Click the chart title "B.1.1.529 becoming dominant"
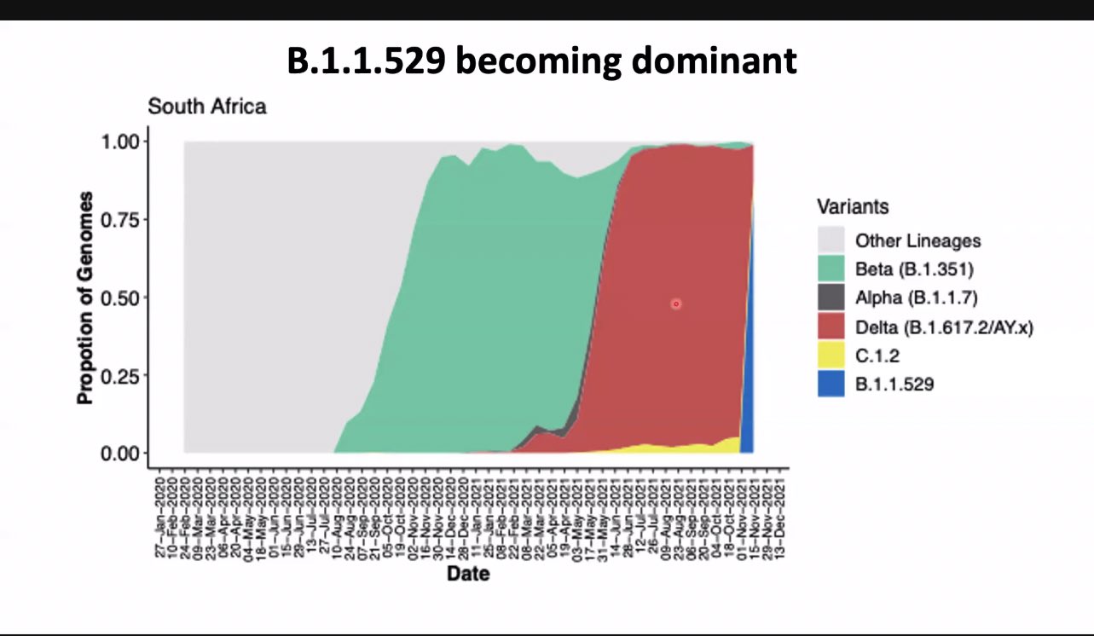click(541, 62)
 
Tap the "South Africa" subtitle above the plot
click(206, 107)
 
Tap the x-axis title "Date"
click(468, 574)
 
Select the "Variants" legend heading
click(853, 206)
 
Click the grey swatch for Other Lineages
click(831, 240)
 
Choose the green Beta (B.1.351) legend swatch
click(831, 269)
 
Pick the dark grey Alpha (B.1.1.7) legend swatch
click(831, 298)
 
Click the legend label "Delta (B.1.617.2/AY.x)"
click(944, 327)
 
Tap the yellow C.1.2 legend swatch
click(831, 356)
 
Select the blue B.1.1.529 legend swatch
click(831, 384)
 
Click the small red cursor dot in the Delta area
click(676, 304)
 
